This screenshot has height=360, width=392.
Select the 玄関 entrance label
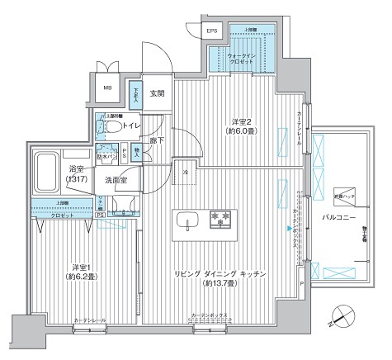(156, 93)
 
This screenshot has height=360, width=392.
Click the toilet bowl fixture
(102, 128)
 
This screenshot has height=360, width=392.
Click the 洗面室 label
(120, 180)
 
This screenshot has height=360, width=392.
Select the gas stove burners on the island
(220, 220)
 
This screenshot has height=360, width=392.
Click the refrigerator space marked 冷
(187, 171)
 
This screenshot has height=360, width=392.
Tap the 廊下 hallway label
(157, 141)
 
